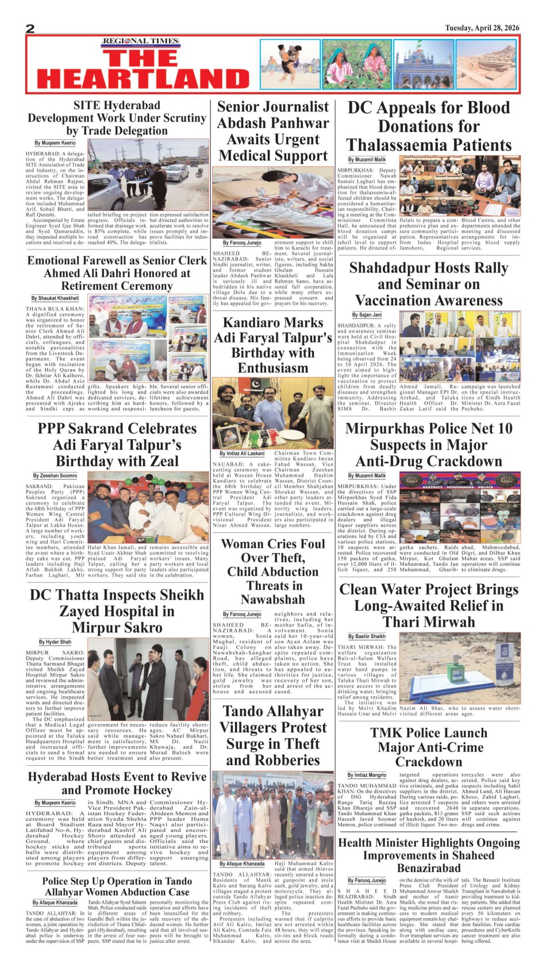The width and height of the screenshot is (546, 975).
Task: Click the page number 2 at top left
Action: [30, 29]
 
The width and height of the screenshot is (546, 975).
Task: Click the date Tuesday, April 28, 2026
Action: [482, 28]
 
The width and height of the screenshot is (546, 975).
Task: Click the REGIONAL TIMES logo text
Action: [141, 41]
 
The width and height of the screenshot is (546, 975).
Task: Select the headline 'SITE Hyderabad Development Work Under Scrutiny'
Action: [117, 118]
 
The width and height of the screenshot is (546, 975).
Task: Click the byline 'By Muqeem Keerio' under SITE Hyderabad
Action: [55, 143]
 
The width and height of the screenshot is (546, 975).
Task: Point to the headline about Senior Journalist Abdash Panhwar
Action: [273, 131]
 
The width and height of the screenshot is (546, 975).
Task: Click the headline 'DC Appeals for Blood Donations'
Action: [429, 126]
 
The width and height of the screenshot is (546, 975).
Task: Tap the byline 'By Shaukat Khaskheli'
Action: [55, 298]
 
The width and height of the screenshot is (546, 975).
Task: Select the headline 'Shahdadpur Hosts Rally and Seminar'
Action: [429, 284]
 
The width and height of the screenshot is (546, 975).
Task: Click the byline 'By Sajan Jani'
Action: [366, 315]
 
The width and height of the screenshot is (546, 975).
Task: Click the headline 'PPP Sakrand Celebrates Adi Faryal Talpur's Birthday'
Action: [117, 445]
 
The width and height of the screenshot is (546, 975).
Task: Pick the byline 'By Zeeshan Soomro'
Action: [55, 476]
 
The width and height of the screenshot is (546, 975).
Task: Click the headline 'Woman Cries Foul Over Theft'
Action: [273, 571]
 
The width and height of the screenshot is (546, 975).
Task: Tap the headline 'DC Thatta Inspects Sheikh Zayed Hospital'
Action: [117, 611]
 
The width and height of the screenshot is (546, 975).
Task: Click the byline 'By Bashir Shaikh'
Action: [366, 636]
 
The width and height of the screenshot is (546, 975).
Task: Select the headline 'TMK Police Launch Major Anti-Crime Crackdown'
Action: [429, 747]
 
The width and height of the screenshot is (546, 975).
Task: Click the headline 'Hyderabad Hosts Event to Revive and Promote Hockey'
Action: [117, 783]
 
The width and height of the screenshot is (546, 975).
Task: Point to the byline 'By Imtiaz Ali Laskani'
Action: [242, 454]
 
